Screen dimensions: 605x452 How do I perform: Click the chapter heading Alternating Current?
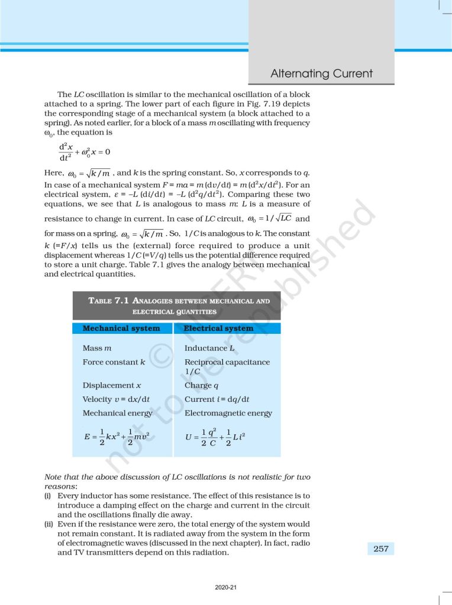pos(321,74)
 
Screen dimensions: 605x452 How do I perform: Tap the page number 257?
pos(381,549)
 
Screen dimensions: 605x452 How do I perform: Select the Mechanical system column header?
pos(121,328)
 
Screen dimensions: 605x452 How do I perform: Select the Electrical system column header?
pos(218,328)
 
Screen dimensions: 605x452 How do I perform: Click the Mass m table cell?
pos(98,349)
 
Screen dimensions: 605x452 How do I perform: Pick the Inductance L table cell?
pos(209,349)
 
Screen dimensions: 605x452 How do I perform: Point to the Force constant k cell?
pos(114,362)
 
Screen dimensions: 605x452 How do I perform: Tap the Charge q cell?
pos(198,385)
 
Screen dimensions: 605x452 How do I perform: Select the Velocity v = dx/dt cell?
pos(116,399)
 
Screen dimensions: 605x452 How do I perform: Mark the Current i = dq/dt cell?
pos(217,399)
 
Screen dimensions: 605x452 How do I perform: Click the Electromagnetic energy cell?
pos(228,413)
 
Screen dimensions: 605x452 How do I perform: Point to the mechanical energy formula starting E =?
pos(117,438)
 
